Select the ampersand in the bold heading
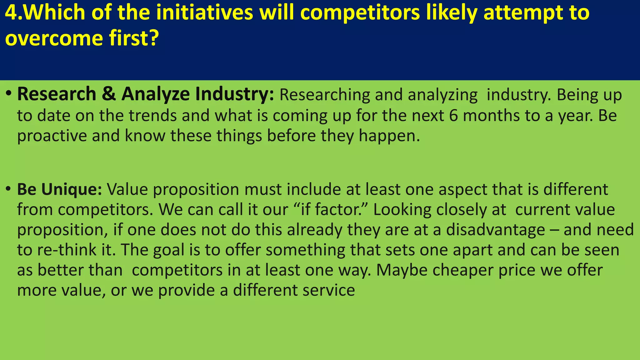[x=109, y=94]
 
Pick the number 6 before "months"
[x=454, y=116]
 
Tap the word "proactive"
[x=52, y=136]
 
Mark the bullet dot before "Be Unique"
[x=9, y=188]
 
